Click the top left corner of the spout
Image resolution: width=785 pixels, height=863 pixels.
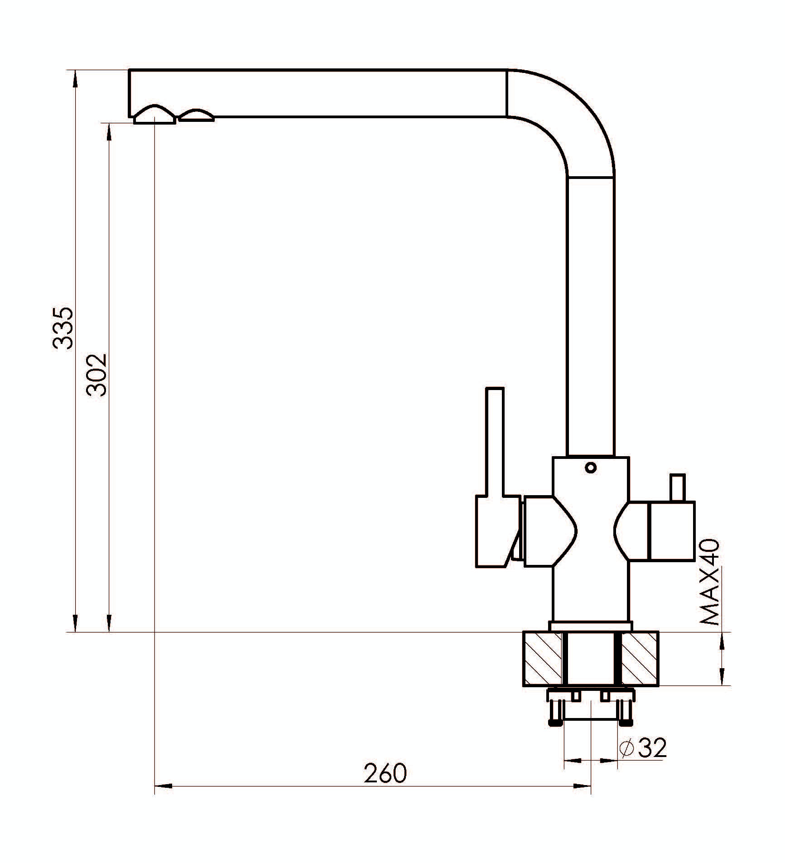pyautogui.click(x=130, y=70)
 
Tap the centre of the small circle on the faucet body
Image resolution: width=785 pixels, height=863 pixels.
pyautogui.click(x=590, y=468)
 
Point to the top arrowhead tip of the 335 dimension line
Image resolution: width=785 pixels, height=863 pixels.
pyautogui.click(x=75, y=70)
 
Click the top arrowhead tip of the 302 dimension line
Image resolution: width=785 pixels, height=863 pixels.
pyautogui.click(x=109, y=123)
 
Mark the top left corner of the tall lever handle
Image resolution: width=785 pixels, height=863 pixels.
pyautogui.click(x=486, y=388)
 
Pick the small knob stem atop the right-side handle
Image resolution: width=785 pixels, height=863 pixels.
pyautogui.click(x=678, y=488)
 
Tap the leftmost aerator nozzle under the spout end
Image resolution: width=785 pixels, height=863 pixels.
pyautogui.click(x=155, y=114)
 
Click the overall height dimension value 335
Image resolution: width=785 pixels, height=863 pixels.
pyautogui.click(x=63, y=328)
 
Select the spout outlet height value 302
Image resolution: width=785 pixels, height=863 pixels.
pyautogui.click(x=96, y=375)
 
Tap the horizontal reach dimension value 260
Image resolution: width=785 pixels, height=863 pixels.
pyautogui.click(x=385, y=773)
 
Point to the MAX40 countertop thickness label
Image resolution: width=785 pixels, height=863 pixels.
pyautogui.click(x=709, y=582)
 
